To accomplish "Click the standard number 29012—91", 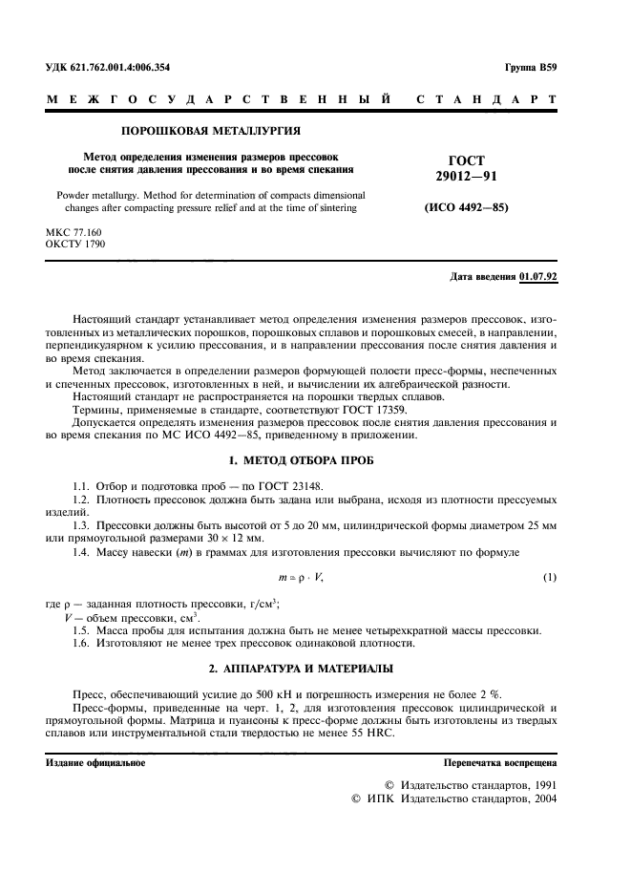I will point(467,177).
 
